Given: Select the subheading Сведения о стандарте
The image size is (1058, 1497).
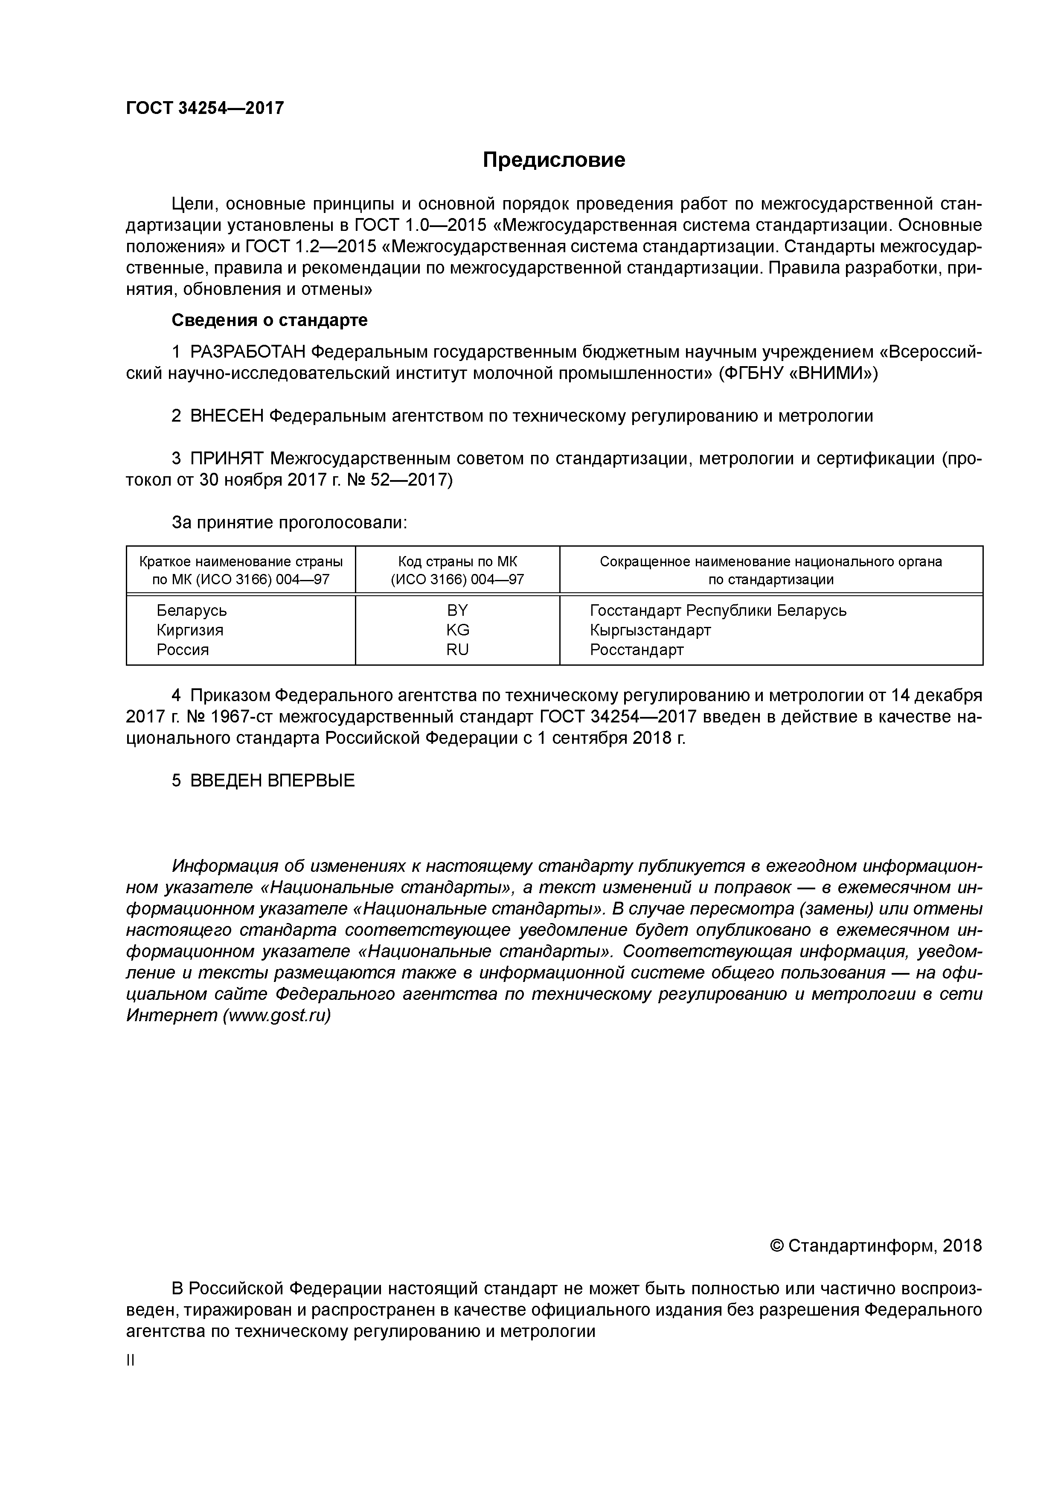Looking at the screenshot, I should (x=269, y=320).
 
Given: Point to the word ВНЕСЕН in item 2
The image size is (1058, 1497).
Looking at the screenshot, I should (x=227, y=416).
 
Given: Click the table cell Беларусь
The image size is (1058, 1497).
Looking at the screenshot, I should (x=192, y=611).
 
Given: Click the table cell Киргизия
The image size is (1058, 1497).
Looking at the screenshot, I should (x=190, y=630).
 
